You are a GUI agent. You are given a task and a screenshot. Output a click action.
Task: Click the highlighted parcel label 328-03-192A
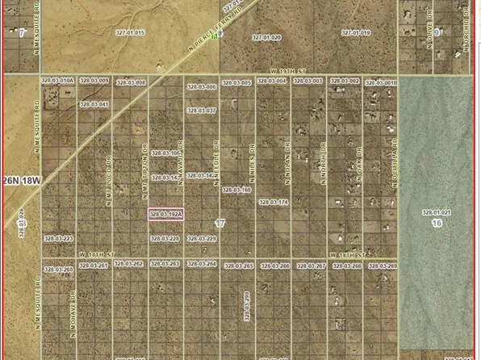tap(166, 214)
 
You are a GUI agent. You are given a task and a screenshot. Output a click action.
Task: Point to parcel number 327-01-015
tap(129, 33)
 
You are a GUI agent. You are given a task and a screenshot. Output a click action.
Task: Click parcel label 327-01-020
tap(266, 37)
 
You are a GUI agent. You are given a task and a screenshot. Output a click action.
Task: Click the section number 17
tap(220, 222)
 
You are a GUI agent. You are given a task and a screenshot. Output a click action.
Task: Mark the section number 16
tap(437, 222)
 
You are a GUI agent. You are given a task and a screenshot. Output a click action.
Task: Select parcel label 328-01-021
tap(437, 212)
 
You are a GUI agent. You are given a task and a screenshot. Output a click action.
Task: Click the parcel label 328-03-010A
tap(59, 82)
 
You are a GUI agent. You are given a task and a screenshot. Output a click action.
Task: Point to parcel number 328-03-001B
tap(383, 82)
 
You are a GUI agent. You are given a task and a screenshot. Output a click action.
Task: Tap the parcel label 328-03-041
tap(94, 104)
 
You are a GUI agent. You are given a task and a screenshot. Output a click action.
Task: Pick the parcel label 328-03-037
tap(201, 110)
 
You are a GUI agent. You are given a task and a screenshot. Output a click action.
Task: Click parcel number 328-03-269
tap(383, 266)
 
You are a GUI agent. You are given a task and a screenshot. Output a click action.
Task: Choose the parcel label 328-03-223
tap(59, 239)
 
